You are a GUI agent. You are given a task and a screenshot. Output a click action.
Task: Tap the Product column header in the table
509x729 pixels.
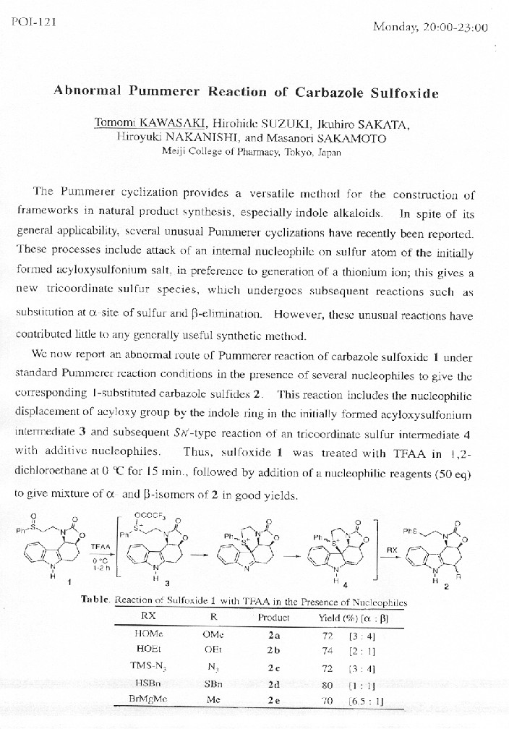coord(273,618)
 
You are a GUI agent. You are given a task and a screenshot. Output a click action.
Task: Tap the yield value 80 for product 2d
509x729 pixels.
coord(328,684)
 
